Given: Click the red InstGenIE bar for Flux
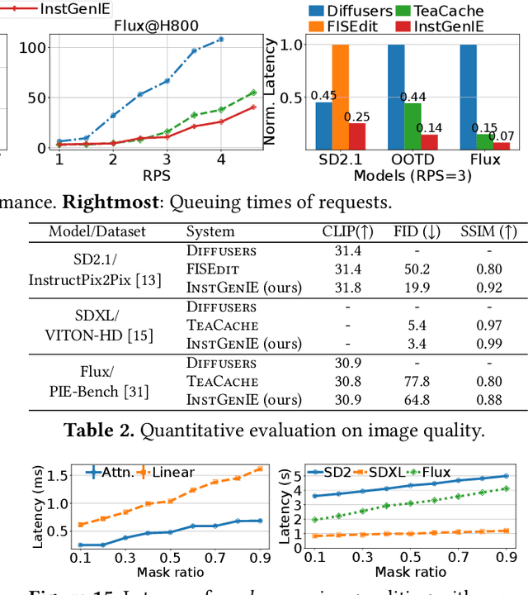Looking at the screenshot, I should click(x=502, y=146).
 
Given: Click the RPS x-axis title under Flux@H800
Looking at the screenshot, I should click(x=155, y=175).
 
